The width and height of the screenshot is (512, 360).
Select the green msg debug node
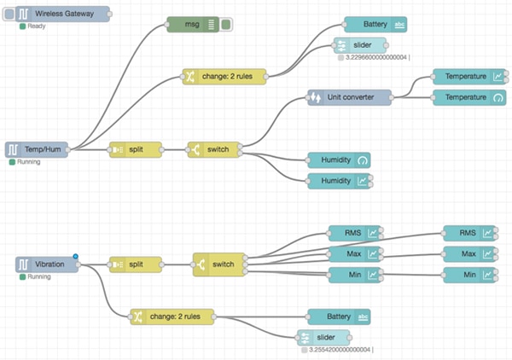pos(194,25)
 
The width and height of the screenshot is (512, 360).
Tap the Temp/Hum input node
pos(36,148)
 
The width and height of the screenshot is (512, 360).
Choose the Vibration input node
pos(47,264)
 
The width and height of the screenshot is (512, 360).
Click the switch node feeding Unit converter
pos(213,149)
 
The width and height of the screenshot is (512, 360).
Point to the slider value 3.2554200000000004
pos(339,349)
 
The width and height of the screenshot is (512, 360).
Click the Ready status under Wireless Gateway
pos(36,26)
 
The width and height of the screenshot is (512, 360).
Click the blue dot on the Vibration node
pos(76,256)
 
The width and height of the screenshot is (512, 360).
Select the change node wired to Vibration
pos(172,316)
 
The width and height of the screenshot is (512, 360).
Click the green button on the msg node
pos(226,25)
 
